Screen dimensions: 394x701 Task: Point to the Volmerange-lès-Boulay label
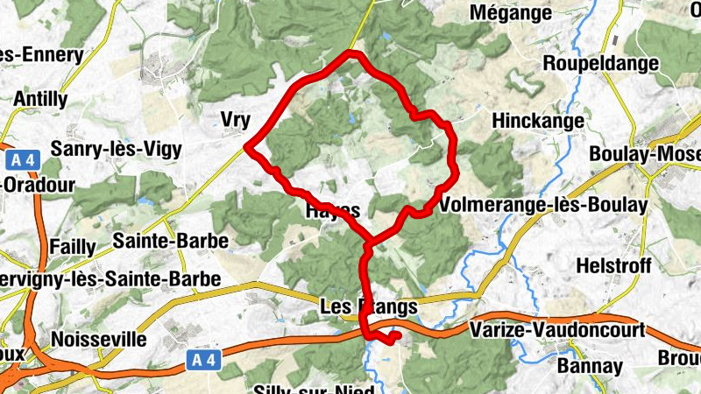544,205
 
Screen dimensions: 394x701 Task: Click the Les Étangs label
368,308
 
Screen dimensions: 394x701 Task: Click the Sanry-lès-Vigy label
117,150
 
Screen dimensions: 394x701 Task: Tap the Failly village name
76,247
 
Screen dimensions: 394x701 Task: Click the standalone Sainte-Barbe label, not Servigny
171,240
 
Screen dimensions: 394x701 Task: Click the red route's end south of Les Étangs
397,334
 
